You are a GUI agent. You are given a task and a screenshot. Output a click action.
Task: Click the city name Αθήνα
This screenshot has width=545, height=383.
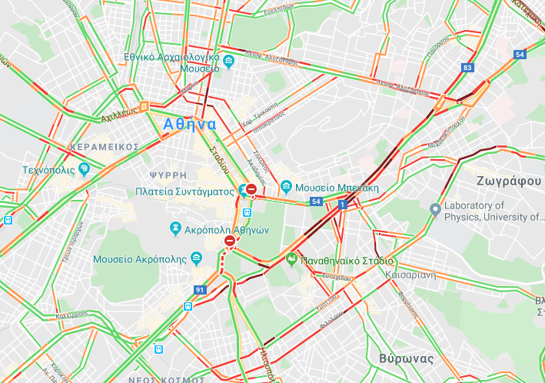click(x=189, y=123)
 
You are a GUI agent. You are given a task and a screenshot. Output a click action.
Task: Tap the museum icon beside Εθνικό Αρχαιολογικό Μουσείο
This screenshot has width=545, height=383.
click(x=229, y=60)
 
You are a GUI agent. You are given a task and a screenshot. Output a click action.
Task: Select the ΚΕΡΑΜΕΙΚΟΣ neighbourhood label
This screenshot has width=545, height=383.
click(x=103, y=146)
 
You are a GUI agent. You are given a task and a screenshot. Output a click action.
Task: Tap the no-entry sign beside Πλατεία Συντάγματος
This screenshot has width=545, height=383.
click(x=251, y=189)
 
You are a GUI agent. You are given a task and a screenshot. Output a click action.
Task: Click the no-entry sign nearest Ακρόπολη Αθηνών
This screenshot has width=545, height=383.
click(x=230, y=241)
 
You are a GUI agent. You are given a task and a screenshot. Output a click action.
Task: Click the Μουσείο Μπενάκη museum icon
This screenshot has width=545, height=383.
click(x=285, y=187)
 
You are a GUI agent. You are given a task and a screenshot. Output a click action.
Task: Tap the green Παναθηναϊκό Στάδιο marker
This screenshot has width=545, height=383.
click(x=291, y=259)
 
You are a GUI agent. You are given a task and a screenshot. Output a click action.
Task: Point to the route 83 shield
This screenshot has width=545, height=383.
click(x=467, y=68)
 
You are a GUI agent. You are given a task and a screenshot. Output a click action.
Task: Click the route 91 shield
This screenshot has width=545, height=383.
click(x=200, y=290)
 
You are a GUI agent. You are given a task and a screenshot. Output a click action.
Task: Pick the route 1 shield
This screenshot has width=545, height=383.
click(x=342, y=205)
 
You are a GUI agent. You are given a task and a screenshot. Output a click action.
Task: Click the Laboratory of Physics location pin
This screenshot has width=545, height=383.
click(x=434, y=208)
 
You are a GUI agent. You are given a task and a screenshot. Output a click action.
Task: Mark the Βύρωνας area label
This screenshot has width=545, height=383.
click(x=406, y=358)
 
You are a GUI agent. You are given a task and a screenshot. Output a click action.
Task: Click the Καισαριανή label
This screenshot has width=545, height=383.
click(x=413, y=273)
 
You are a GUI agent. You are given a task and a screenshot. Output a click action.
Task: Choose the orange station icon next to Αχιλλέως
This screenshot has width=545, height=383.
click(x=144, y=107)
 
